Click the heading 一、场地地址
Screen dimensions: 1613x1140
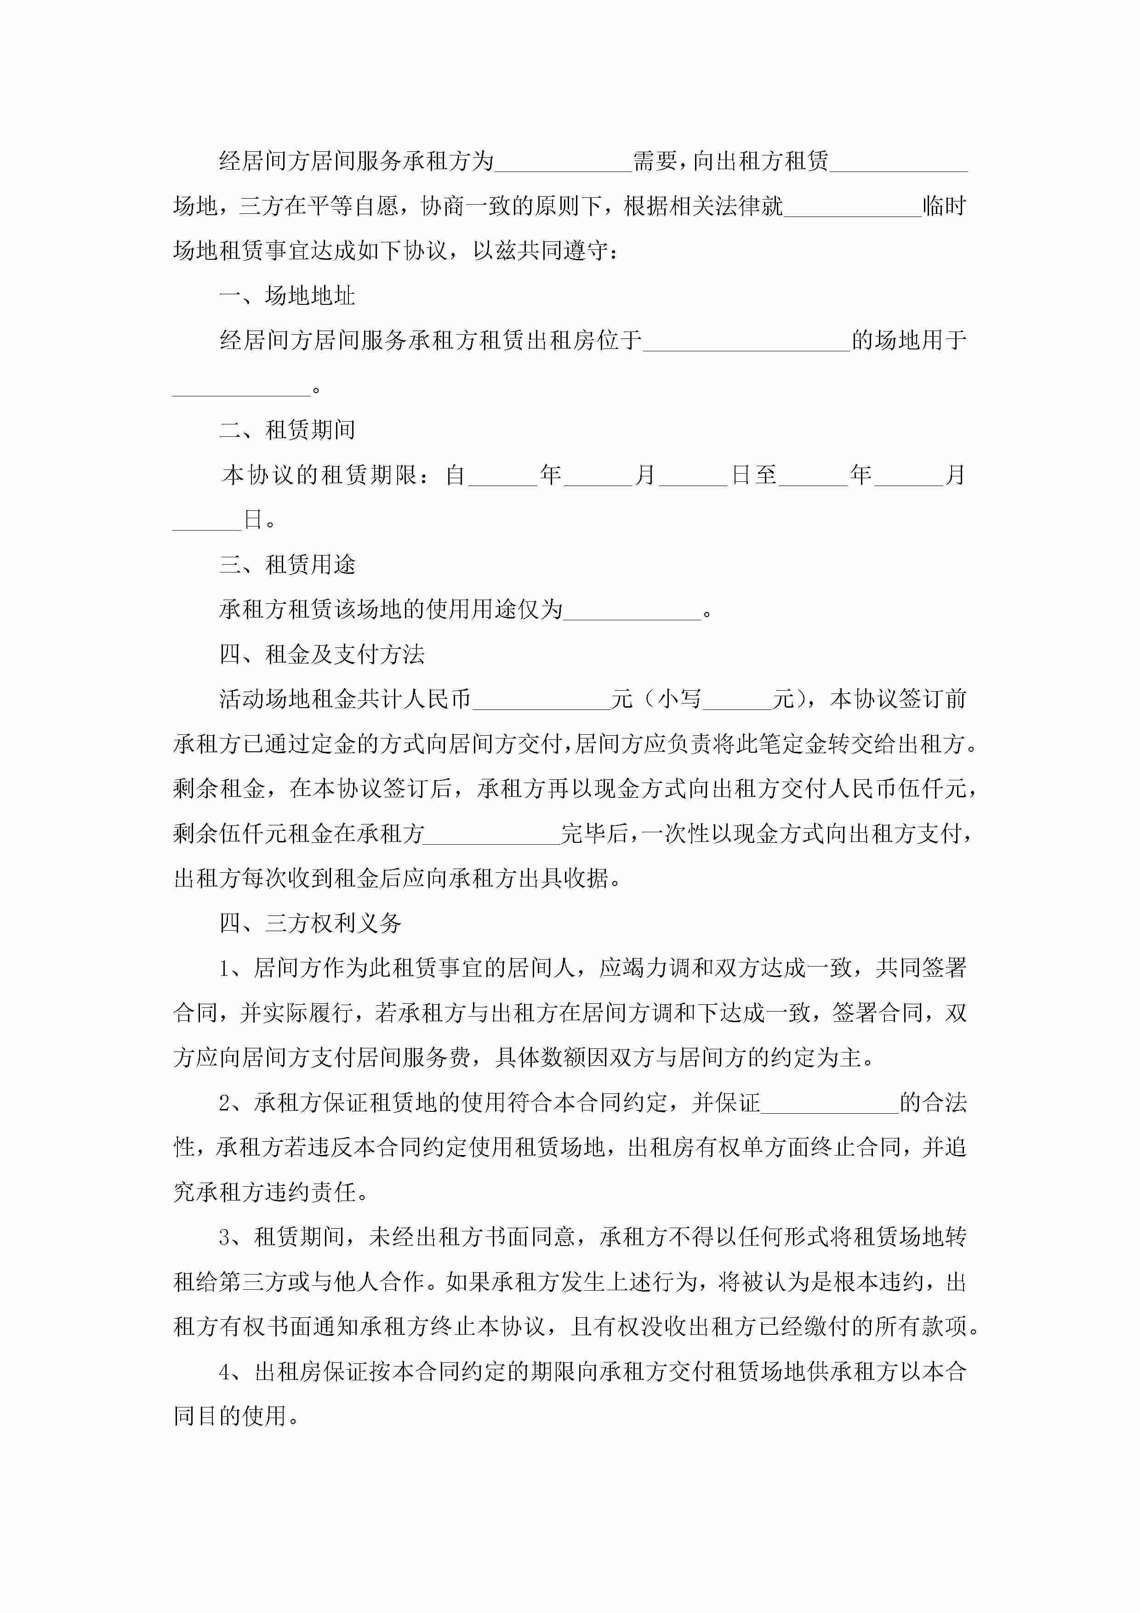(x=287, y=296)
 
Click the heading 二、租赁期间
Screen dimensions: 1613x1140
(x=287, y=429)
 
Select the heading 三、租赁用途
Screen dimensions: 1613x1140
(x=287, y=564)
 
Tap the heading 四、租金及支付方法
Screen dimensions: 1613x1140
(x=322, y=654)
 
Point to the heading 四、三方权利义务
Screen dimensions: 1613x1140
(x=310, y=923)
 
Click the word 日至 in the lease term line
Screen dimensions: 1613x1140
(x=754, y=475)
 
